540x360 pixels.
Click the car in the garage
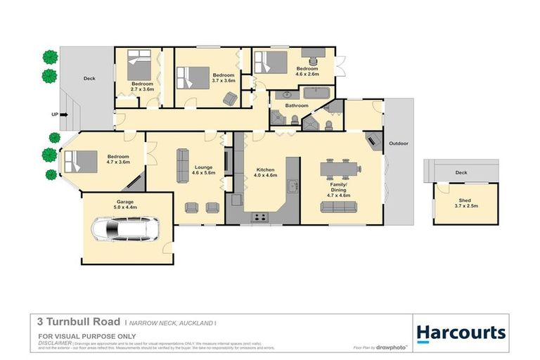[x=125, y=229]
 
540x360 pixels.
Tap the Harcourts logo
[x=461, y=332]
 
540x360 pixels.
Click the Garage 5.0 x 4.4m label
[x=125, y=205]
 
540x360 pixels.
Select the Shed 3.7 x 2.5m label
[x=466, y=202]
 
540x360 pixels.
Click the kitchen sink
[x=292, y=187]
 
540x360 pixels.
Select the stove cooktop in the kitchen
[x=261, y=217]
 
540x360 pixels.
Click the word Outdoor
[x=399, y=143]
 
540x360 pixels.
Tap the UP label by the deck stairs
[x=54, y=114]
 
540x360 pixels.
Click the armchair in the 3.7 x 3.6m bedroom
[x=229, y=99]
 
